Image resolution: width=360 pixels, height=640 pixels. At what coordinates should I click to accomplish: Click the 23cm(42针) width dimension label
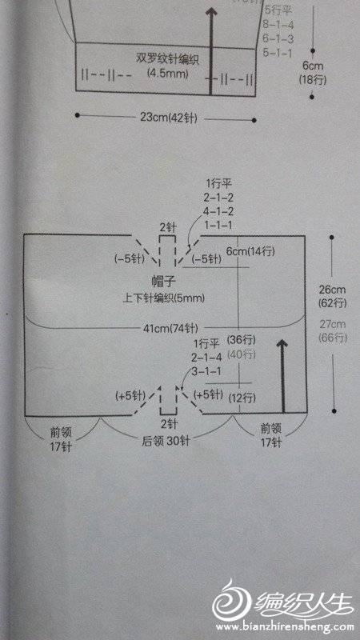click(x=169, y=118)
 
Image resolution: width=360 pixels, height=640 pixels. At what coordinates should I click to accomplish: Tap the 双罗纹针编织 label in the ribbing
click(x=167, y=59)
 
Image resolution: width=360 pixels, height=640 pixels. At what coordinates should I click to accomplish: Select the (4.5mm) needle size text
click(x=167, y=74)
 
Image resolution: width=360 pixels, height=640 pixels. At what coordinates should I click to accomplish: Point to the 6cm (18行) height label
click(x=313, y=74)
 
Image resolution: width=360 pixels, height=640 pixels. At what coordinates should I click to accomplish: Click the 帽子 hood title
click(x=163, y=281)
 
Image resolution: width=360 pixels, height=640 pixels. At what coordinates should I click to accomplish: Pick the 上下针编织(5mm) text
click(x=163, y=298)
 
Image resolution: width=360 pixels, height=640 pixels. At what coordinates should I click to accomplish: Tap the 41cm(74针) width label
click(x=170, y=328)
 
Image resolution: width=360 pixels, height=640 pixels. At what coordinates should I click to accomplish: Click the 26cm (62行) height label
click(x=333, y=296)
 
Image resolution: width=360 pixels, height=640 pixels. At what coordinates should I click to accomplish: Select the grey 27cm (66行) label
click(x=333, y=331)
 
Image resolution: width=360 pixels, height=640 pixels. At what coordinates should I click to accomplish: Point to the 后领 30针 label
click(x=166, y=442)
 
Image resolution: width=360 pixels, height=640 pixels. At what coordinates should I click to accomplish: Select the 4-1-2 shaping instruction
click(x=218, y=212)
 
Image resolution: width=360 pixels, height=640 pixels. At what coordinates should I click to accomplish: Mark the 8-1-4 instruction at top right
click(x=279, y=25)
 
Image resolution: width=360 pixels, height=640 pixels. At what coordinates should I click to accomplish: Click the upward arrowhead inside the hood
click(x=281, y=345)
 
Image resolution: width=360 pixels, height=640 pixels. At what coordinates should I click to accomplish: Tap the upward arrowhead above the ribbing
click(x=211, y=12)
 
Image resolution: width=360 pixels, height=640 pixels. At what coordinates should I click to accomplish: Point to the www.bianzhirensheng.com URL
click(x=282, y=626)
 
